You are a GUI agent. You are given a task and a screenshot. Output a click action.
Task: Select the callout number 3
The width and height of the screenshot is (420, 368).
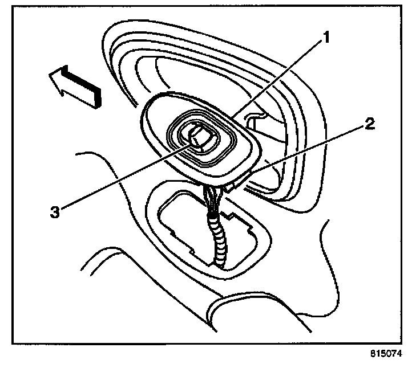54,211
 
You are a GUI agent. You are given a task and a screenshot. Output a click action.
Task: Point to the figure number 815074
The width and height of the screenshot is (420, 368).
387,353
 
